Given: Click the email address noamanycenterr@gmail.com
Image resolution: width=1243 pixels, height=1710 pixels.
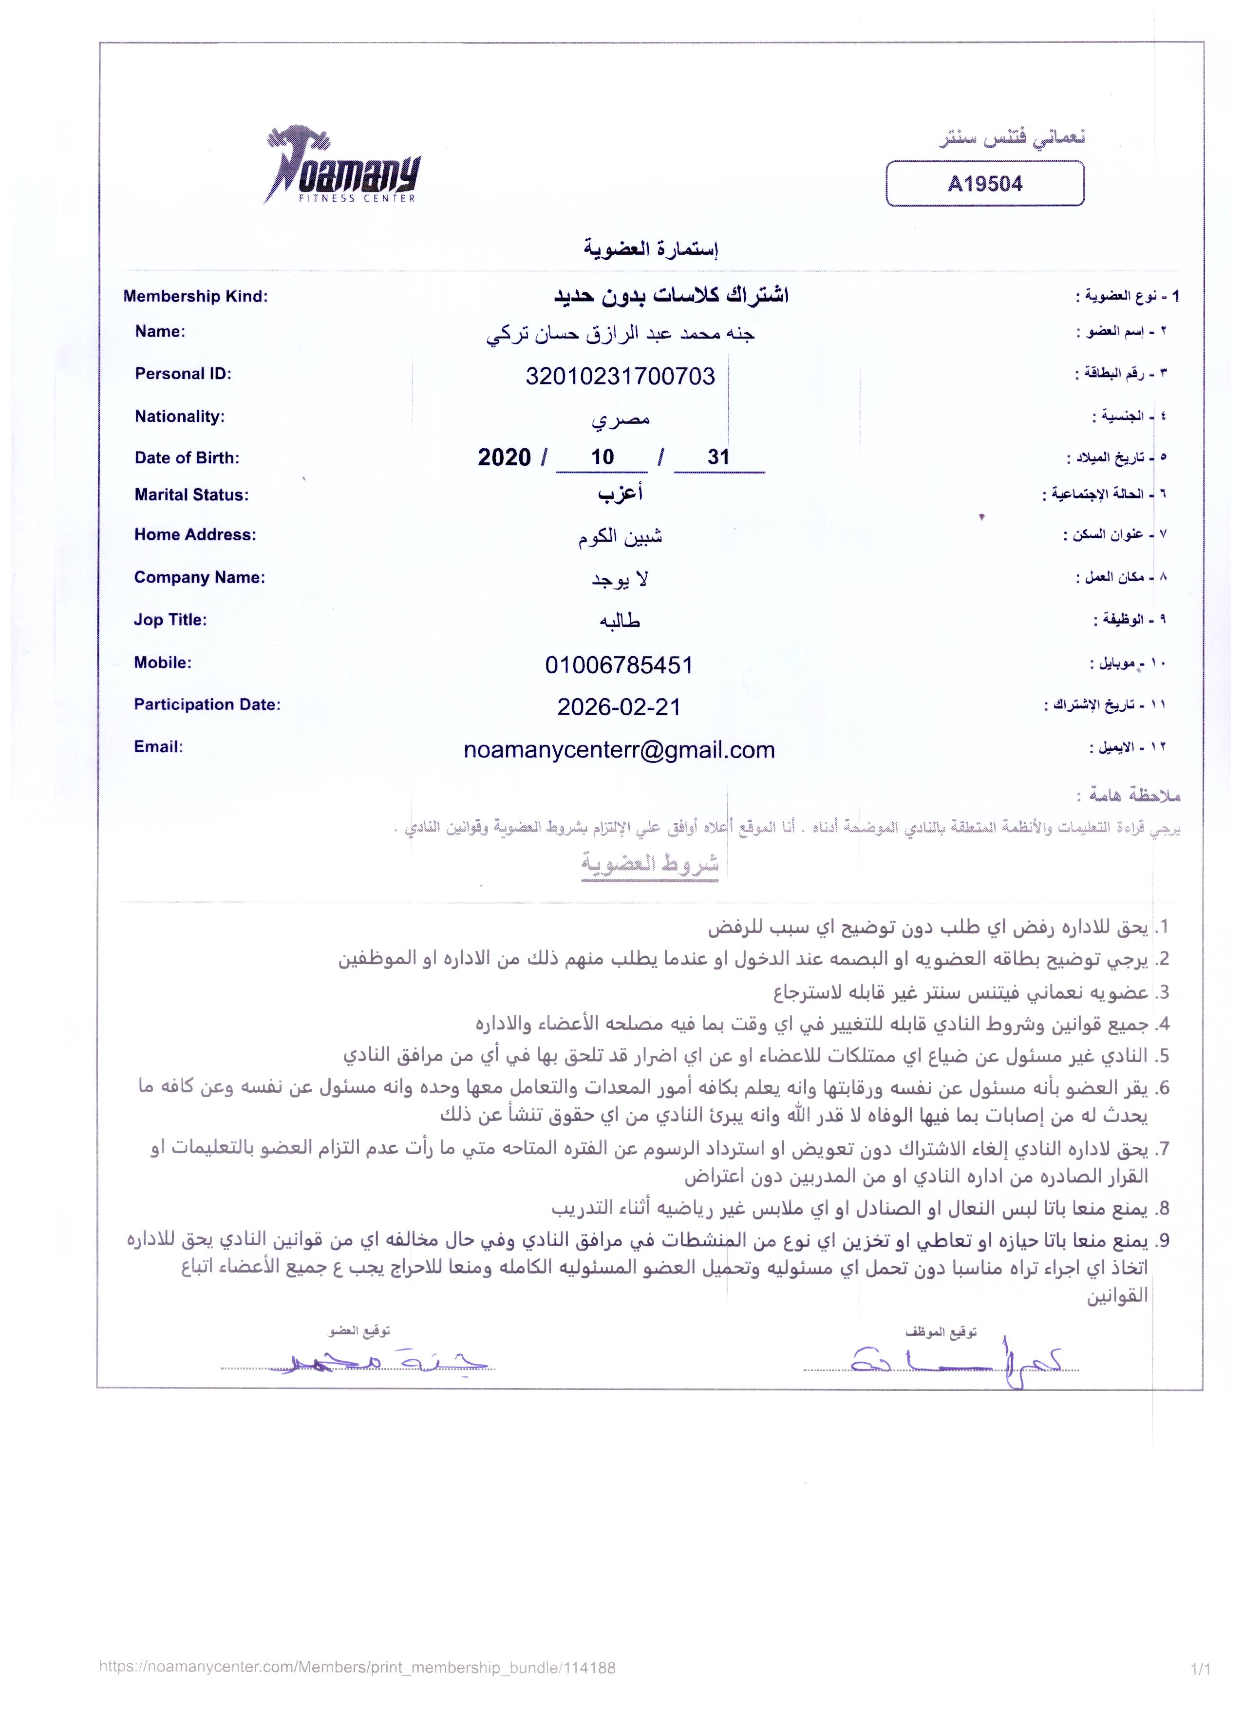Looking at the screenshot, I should coord(619,750).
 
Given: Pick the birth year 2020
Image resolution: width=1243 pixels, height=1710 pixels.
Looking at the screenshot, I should coord(504,457).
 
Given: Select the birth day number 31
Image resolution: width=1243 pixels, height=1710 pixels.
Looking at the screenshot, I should coord(718,457).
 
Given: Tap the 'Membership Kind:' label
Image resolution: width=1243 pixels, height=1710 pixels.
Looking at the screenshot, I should coord(195,296).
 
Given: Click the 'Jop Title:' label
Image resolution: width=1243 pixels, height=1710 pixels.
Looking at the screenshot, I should coord(170,620).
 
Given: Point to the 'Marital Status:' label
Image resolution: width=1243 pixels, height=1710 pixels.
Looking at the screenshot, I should coord(191,495).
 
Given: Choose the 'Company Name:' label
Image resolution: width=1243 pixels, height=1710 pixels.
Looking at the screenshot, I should coord(200,577).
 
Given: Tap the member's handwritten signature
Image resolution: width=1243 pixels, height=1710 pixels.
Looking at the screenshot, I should coord(377,1361).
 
